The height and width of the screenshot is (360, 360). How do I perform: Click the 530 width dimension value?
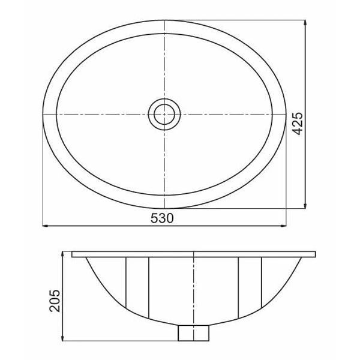pos(164,219)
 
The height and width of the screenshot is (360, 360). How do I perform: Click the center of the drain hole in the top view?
pos(164,113)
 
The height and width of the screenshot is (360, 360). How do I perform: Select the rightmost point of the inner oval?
pos(274,114)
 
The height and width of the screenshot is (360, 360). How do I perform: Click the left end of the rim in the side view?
pos(73,254)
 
